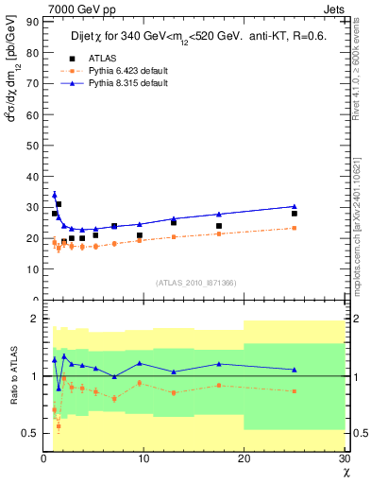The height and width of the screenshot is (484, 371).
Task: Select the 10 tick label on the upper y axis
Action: pos(32,268)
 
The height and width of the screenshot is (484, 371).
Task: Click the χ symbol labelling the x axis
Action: pos(345,473)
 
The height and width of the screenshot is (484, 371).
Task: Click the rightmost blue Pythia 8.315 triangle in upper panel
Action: pos(295,206)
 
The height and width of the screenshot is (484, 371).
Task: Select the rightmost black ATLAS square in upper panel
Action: pos(295,214)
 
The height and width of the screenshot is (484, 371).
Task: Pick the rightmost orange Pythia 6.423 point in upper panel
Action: pos(295,228)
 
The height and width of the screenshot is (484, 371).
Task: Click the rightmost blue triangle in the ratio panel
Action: pos(295,370)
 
